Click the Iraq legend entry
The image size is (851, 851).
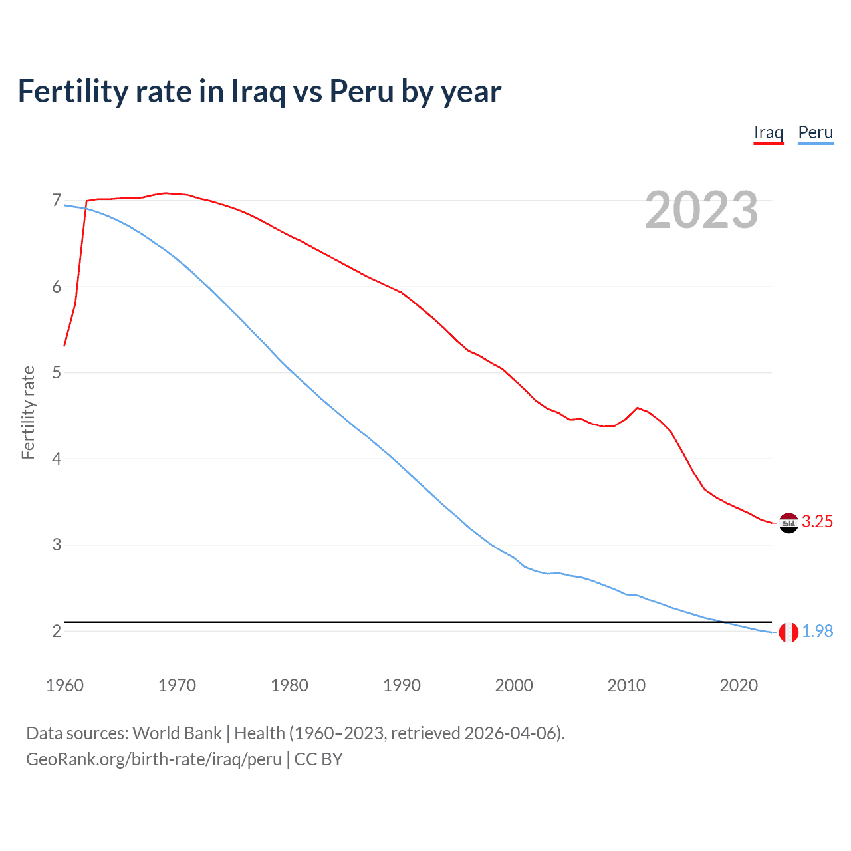768,132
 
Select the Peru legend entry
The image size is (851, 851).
815,132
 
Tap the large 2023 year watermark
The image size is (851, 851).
701,210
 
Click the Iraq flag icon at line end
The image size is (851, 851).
789,523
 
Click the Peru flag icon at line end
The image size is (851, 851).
789,632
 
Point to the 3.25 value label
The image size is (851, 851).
817,522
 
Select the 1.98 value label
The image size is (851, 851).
817,632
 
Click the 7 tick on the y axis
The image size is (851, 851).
57,200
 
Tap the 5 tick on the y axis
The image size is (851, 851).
57,372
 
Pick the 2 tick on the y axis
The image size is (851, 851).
57,631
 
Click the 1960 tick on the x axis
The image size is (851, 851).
64,685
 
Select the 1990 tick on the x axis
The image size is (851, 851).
402,685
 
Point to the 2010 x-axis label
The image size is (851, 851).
626,685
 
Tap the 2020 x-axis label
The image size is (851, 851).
739,685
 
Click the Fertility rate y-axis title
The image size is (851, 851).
28,412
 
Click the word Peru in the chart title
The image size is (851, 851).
362,92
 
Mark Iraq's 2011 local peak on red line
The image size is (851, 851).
638,408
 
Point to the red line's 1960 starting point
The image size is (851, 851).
64,346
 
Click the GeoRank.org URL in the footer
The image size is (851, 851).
154,759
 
